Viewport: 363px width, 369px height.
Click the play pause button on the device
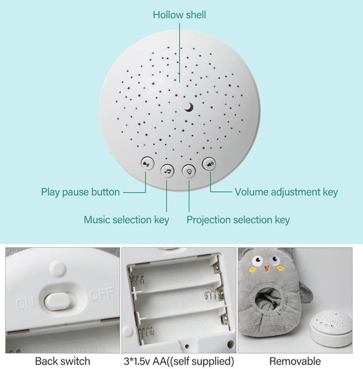(x=147, y=164)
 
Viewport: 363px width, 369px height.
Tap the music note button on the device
(x=168, y=170)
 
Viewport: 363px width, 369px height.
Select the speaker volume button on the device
(x=209, y=164)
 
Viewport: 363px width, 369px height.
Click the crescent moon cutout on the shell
(x=189, y=107)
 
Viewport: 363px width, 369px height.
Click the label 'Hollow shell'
(x=180, y=15)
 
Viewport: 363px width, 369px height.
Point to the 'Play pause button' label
(x=80, y=192)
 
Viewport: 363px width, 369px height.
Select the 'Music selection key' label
(x=126, y=220)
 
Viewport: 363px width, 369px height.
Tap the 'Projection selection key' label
(x=238, y=220)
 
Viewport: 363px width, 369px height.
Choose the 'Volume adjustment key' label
(x=286, y=192)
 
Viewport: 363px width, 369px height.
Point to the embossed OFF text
(x=102, y=294)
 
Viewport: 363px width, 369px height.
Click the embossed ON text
(x=26, y=304)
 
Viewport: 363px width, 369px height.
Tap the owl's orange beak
(x=266, y=268)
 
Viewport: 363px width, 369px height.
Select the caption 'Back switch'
(x=62, y=361)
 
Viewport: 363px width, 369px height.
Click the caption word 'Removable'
(x=295, y=361)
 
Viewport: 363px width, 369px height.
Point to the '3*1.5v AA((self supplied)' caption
(x=179, y=361)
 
